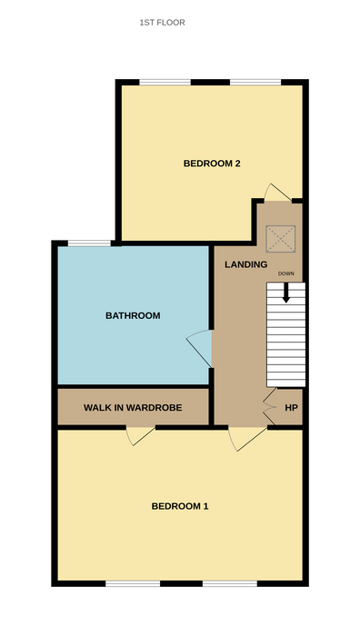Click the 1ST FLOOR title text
click(x=163, y=23)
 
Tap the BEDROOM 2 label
click(x=212, y=164)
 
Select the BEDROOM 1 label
click(x=180, y=506)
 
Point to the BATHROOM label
click(x=133, y=315)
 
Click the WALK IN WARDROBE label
click(x=133, y=408)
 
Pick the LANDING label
click(x=246, y=264)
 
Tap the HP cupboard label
click(x=291, y=408)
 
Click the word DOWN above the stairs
click(x=286, y=273)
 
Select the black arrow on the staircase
click(x=286, y=293)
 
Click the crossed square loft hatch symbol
click(x=280, y=239)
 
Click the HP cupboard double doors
click(x=269, y=406)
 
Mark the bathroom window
click(x=89, y=243)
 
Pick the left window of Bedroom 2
click(x=165, y=83)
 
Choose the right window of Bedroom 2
click(x=255, y=83)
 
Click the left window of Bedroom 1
click(x=133, y=583)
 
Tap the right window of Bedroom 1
click(x=230, y=583)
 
